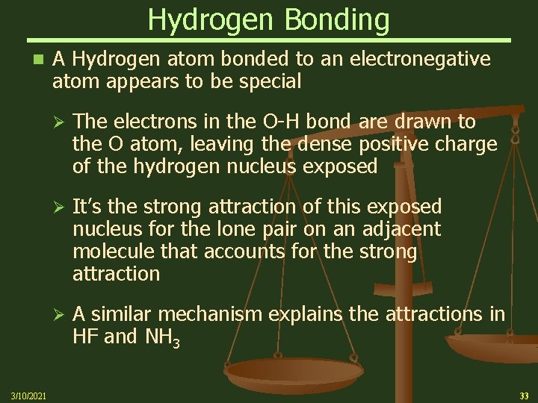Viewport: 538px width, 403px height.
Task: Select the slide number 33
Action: coord(523,395)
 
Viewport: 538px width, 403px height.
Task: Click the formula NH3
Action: coord(161,338)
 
